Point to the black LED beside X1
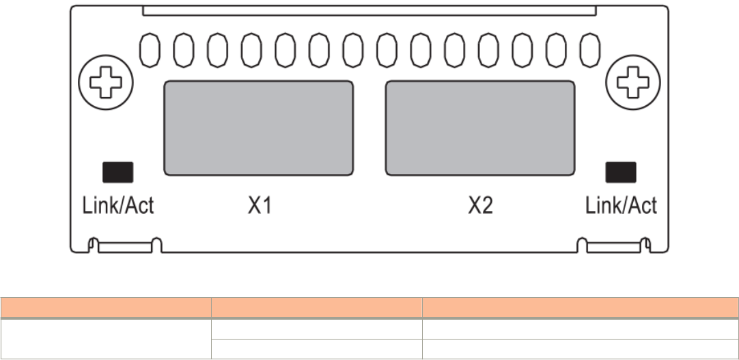pos(117,172)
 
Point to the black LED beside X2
pos(620,172)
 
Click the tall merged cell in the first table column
pos(105,338)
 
